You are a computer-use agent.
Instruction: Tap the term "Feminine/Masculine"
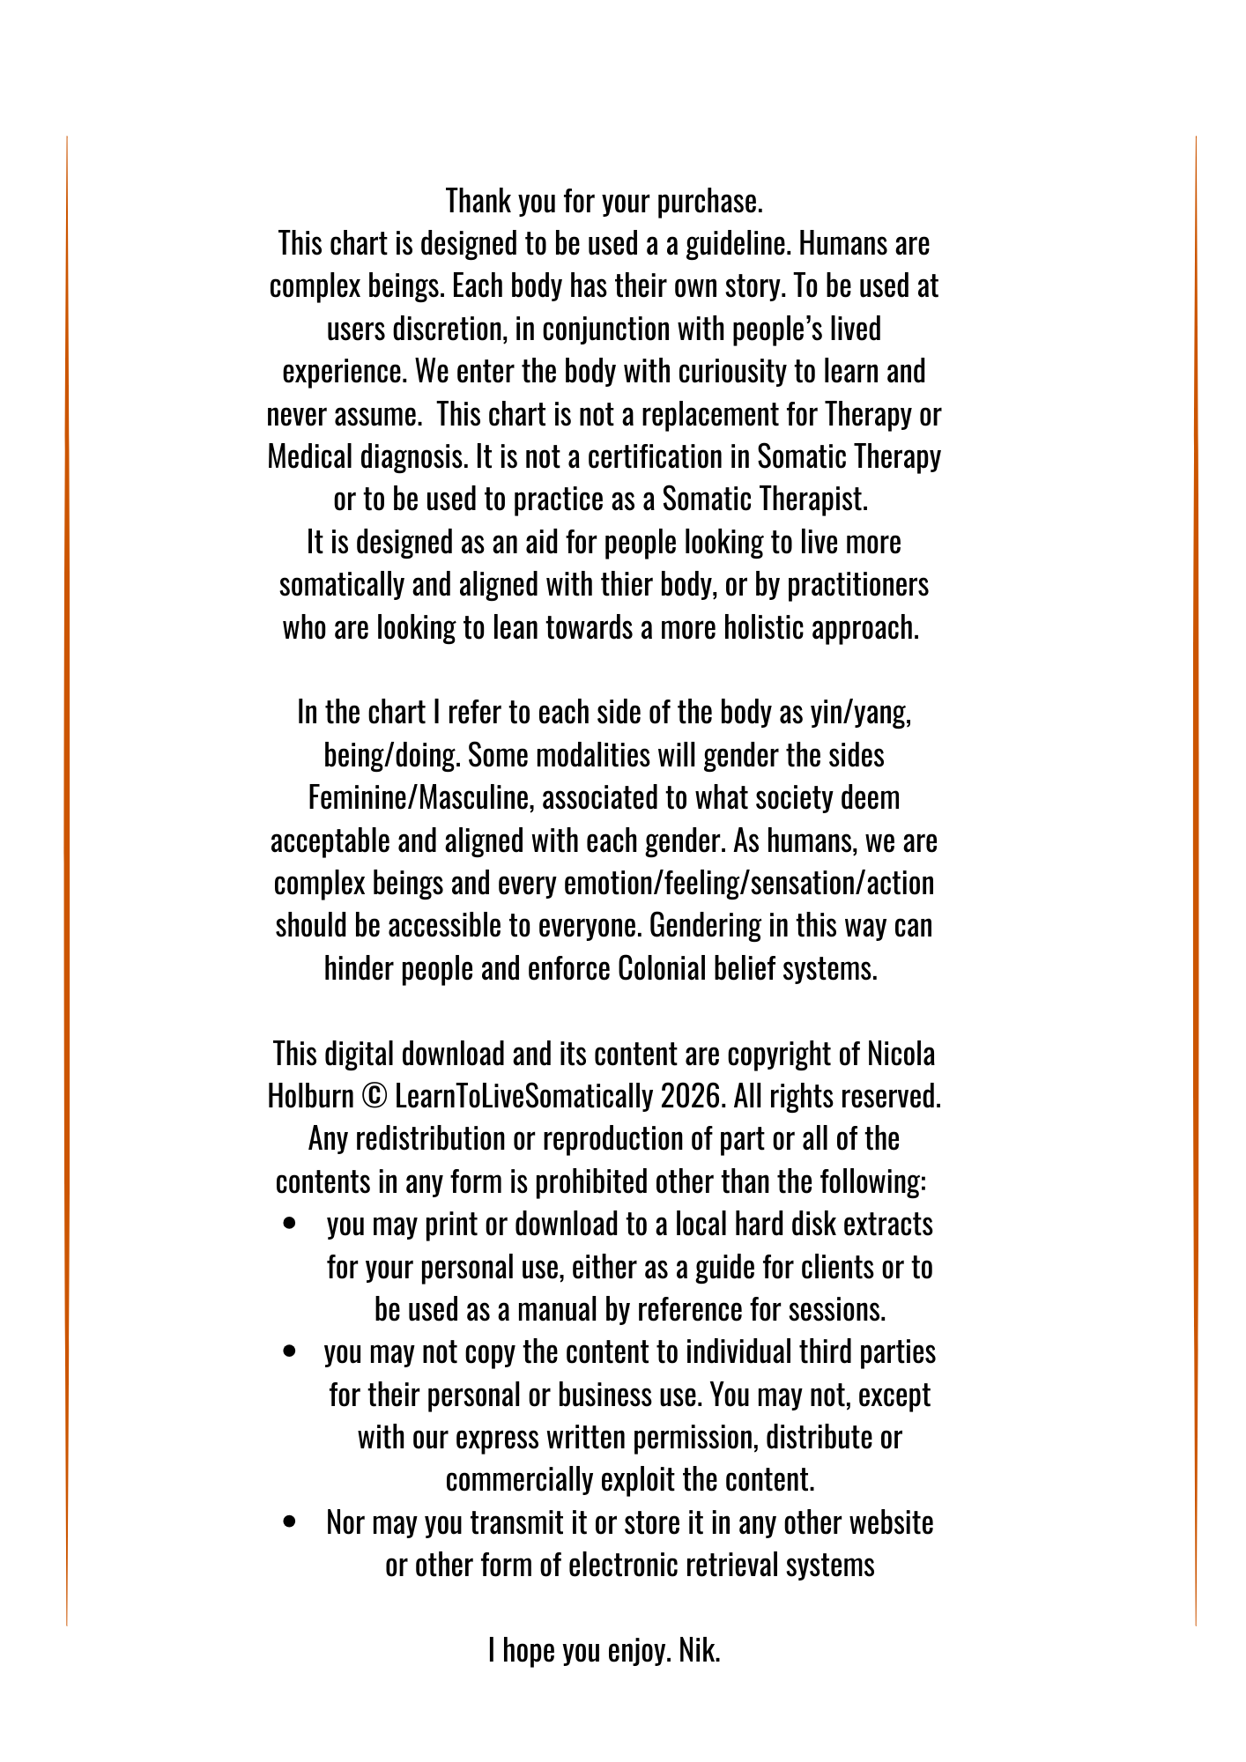[x=420, y=798]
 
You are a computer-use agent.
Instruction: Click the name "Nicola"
[x=901, y=1055]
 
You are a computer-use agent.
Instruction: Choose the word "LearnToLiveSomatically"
[x=523, y=1097]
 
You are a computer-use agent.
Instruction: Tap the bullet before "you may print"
[x=289, y=1225]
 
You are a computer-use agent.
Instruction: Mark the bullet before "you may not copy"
[x=289, y=1352]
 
